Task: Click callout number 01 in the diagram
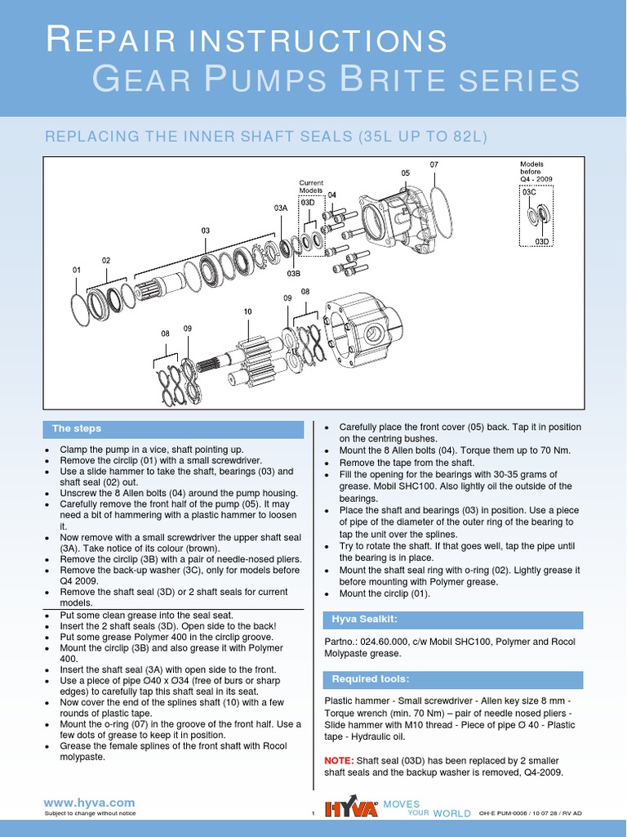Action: [77, 270]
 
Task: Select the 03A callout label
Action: [281, 208]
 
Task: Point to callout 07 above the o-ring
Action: [434, 164]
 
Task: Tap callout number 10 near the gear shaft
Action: [247, 311]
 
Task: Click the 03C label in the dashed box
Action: [528, 193]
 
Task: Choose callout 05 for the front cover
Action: [405, 173]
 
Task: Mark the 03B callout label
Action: [294, 275]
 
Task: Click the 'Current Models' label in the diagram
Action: [311, 186]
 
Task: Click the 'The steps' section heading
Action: [77, 428]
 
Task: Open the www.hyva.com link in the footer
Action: [89, 803]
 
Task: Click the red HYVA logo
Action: [351, 808]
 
